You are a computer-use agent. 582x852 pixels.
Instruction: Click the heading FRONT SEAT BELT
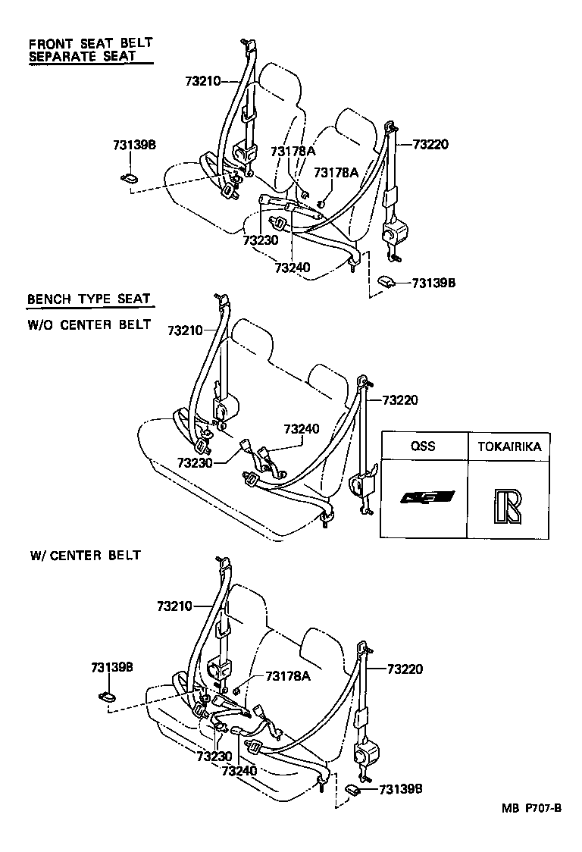(x=90, y=43)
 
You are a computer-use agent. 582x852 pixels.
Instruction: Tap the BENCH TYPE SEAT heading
(x=89, y=299)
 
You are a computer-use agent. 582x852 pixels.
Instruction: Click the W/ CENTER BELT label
(x=85, y=555)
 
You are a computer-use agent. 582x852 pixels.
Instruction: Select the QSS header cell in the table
(x=423, y=446)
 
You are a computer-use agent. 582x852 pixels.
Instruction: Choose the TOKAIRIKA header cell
(x=509, y=446)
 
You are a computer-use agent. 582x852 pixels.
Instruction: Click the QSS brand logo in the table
(x=427, y=498)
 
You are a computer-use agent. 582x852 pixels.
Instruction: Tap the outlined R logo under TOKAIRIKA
(x=507, y=506)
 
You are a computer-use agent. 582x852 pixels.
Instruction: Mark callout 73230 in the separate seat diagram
(x=261, y=240)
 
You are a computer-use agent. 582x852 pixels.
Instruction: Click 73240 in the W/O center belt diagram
(x=302, y=429)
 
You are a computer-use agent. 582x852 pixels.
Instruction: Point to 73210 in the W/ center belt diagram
(x=176, y=606)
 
